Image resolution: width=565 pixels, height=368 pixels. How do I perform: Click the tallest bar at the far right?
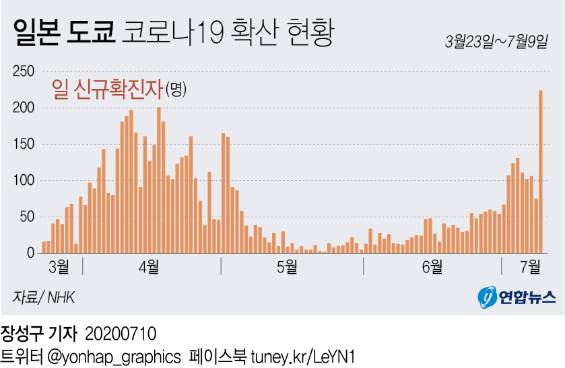(x=541, y=172)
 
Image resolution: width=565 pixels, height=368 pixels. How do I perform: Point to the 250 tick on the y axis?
(x=24, y=72)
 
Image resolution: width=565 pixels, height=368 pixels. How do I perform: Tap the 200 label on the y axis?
(x=24, y=108)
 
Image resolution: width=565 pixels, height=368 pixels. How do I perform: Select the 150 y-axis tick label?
(x=24, y=145)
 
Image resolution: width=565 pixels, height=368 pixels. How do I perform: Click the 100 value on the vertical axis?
(x=24, y=180)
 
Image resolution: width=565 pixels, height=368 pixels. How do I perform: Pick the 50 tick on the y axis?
(x=26, y=217)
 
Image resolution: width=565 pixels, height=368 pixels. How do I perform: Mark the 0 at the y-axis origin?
(x=30, y=253)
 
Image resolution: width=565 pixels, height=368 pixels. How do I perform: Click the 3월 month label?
(x=59, y=266)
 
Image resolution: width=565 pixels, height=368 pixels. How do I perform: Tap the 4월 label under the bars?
(x=149, y=266)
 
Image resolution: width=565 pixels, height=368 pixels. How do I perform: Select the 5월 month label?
(x=287, y=266)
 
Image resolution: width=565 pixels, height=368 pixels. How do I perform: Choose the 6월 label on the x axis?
(x=432, y=266)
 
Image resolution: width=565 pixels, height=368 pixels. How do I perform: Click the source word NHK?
(x=61, y=297)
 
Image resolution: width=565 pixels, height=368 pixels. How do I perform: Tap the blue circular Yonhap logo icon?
(x=487, y=297)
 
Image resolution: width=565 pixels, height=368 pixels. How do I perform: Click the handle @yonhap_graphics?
(x=113, y=356)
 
